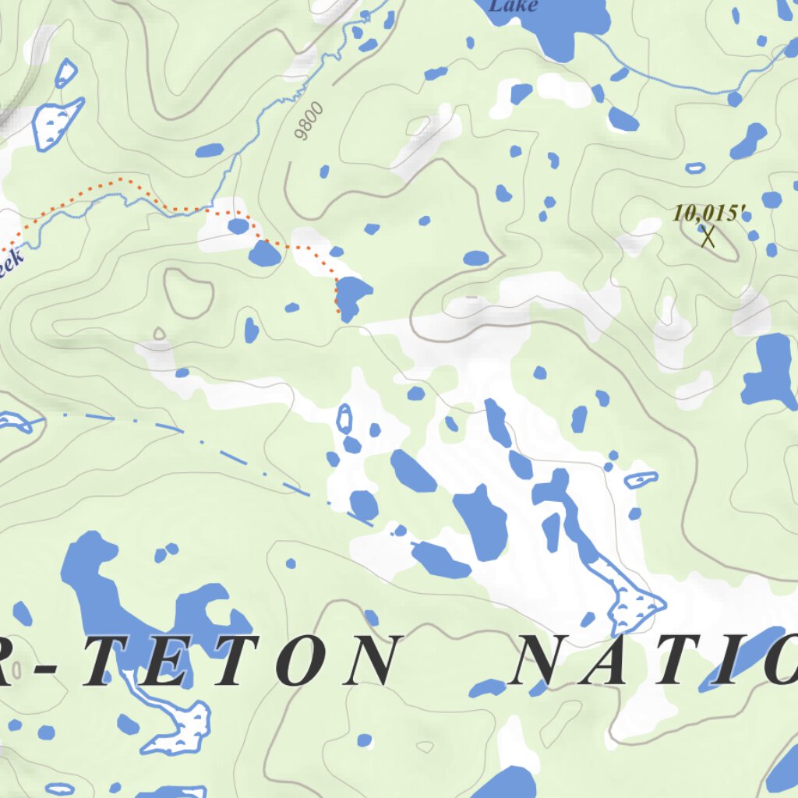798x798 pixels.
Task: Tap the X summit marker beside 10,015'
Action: (x=708, y=237)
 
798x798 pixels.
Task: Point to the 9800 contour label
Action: (x=309, y=122)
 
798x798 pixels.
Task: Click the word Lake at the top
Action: (x=512, y=6)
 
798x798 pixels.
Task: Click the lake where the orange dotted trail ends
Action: (x=352, y=296)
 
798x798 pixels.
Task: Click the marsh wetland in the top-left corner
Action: (x=56, y=121)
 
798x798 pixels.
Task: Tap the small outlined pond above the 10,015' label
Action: (x=694, y=168)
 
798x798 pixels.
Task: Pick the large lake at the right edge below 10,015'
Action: (x=770, y=370)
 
